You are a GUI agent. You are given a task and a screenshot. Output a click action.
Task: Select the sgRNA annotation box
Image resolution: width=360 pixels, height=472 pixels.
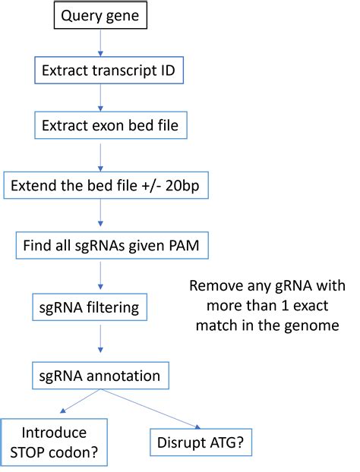tap(101, 375)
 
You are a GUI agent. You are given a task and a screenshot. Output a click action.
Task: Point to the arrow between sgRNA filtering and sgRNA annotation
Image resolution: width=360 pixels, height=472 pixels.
tap(101, 342)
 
